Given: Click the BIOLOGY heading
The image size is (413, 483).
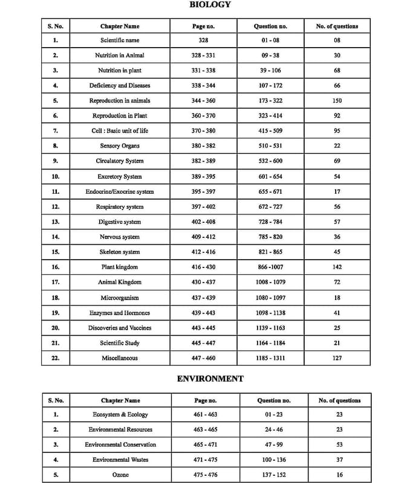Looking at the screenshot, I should point(210,5).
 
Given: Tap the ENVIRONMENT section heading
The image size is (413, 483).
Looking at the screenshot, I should point(210,379).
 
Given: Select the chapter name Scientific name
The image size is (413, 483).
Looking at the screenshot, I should point(120,40).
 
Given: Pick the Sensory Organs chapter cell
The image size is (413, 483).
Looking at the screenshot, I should point(120,146).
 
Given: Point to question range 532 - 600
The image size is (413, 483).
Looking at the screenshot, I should point(270,161).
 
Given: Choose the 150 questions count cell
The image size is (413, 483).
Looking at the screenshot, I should point(337,100).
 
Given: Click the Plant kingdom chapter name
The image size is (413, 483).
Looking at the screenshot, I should point(120,267).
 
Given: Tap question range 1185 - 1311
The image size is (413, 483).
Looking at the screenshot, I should point(270,358).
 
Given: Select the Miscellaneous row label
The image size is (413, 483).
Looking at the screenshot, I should point(120,358).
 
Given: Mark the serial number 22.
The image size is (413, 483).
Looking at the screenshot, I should point(55,358).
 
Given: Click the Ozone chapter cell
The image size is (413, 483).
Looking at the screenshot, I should point(120,475).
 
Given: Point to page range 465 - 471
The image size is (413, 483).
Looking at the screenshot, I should point(206,444).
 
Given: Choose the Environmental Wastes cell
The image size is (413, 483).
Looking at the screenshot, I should point(120,459).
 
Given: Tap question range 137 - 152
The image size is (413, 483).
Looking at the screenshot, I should point(273,475).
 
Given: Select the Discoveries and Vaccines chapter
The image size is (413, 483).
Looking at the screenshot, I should point(120,328).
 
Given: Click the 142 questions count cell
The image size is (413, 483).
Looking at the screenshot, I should point(337,267).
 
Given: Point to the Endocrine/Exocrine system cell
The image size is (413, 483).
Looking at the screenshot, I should point(120,191).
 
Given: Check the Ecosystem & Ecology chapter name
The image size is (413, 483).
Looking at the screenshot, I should point(120,414).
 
